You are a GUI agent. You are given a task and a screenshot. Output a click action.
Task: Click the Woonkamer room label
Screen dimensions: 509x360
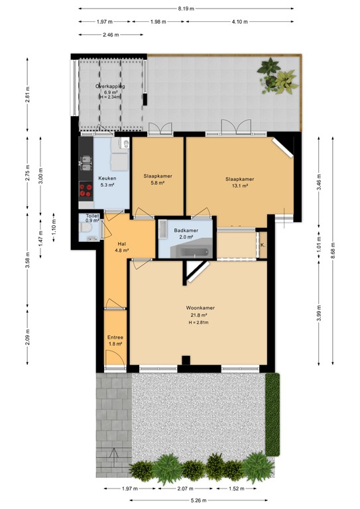[x=200, y=308]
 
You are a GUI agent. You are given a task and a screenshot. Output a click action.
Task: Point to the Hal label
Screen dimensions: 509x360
[x=121, y=243]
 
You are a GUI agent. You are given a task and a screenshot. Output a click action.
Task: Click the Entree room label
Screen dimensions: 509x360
[x=115, y=337]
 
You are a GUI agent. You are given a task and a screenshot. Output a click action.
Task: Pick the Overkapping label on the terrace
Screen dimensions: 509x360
[x=110, y=86]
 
